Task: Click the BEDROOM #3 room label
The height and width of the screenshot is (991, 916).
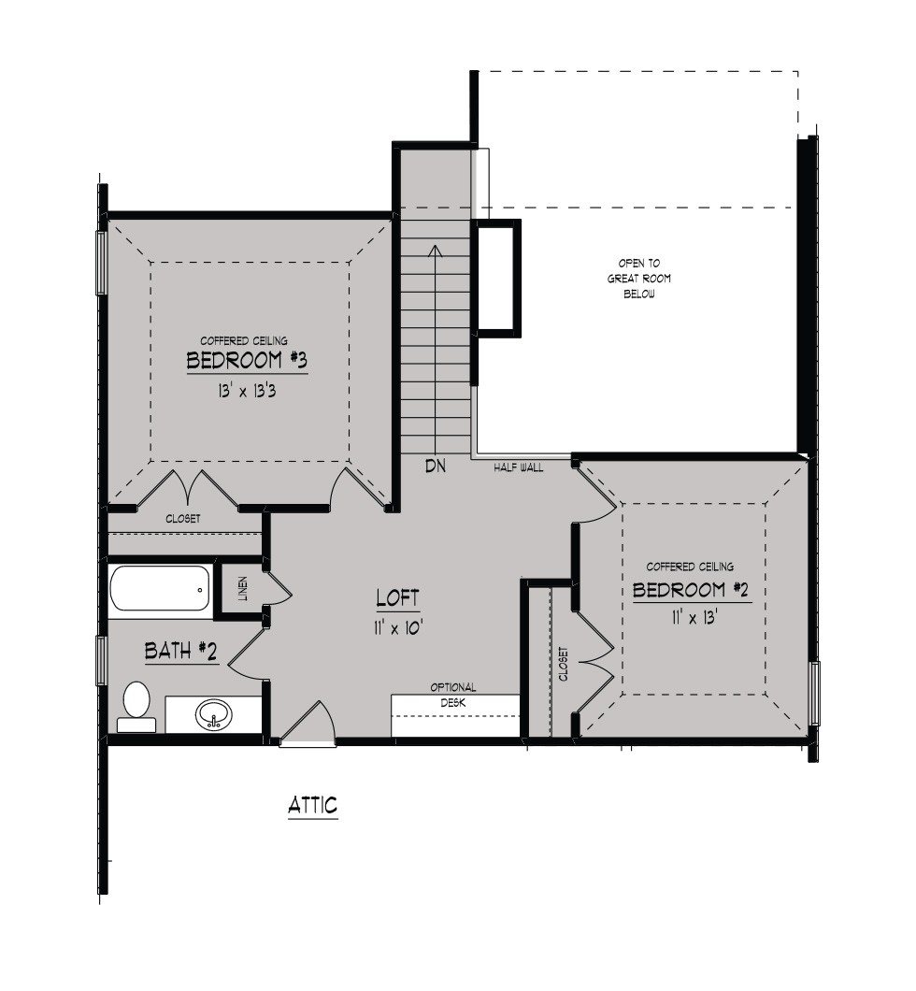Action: (x=247, y=360)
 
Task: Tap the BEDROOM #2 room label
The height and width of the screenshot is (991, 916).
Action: (x=691, y=590)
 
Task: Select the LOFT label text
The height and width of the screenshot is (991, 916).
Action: (x=397, y=598)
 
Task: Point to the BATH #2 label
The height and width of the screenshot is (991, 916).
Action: (x=180, y=651)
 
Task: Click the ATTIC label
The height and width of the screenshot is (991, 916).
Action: (x=313, y=805)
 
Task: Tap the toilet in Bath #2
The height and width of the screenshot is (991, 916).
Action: (x=136, y=707)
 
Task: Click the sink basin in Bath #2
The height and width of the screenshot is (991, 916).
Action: (x=213, y=715)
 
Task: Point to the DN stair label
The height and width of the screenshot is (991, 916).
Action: (x=436, y=467)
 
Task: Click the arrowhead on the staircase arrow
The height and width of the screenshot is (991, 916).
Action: (x=435, y=251)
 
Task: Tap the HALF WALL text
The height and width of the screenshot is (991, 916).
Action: (x=519, y=467)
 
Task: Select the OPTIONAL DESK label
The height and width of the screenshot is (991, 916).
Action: (x=453, y=695)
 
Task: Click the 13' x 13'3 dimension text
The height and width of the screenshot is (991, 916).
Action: (x=247, y=391)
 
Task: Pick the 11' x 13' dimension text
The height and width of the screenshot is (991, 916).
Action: (x=693, y=617)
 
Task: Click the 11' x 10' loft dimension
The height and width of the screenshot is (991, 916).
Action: (x=397, y=627)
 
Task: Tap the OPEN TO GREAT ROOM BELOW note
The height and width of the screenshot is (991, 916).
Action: (x=639, y=279)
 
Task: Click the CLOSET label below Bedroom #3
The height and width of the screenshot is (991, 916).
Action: (x=183, y=519)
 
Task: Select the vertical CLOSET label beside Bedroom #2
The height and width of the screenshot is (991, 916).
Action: (x=564, y=664)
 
